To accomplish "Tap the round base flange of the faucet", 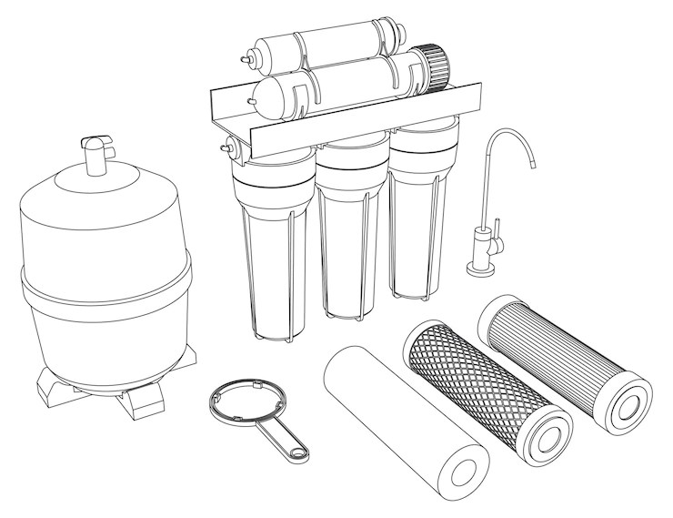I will click(x=479, y=268).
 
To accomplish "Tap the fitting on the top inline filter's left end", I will click(x=248, y=56).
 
